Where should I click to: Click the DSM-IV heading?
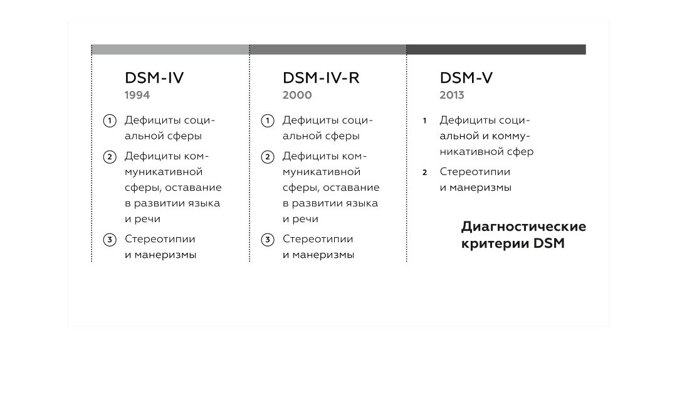click(154, 78)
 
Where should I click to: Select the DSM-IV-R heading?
click(321, 78)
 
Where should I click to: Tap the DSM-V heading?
click(466, 78)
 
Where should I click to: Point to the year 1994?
click(137, 95)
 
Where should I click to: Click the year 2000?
click(297, 95)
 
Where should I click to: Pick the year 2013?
click(452, 95)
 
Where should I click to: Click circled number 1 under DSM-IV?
click(110, 120)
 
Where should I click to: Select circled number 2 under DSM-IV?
click(110, 157)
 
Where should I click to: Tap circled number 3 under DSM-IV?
click(110, 240)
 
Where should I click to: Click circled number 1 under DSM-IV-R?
click(268, 120)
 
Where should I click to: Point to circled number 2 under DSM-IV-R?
click(268, 157)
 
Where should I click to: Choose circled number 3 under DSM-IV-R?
click(268, 240)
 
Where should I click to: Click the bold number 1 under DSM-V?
click(424, 120)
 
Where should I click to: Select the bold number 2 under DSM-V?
click(424, 173)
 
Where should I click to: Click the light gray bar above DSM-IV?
click(170, 50)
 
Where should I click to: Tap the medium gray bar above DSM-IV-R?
click(328, 50)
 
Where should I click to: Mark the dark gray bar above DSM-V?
click(496, 50)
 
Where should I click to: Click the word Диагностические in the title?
click(523, 226)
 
